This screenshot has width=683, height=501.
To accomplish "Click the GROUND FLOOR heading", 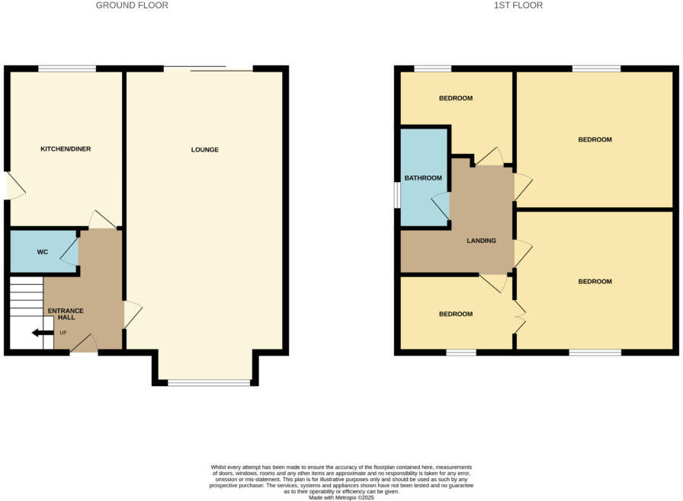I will [x=132, y=5].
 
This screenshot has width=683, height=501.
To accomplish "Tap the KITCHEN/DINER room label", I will [x=66, y=149].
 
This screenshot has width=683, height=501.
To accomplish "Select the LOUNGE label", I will [x=205, y=150].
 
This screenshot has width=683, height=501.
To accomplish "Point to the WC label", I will [x=42, y=252].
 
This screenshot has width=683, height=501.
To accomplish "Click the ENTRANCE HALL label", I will [x=66, y=314].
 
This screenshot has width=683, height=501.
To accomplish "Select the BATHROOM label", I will [x=423, y=178].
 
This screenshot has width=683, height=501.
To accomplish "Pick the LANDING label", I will [x=482, y=241].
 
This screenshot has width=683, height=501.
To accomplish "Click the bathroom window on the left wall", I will [x=397, y=194].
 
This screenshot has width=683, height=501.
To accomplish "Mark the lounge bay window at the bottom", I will [x=208, y=382].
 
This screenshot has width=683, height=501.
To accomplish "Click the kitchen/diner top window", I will [x=67, y=69].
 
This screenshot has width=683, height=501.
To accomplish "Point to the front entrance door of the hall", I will [x=84, y=344].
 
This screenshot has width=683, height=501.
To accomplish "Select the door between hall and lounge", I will [x=132, y=314].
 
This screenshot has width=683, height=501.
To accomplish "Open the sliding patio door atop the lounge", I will [x=208, y=69].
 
